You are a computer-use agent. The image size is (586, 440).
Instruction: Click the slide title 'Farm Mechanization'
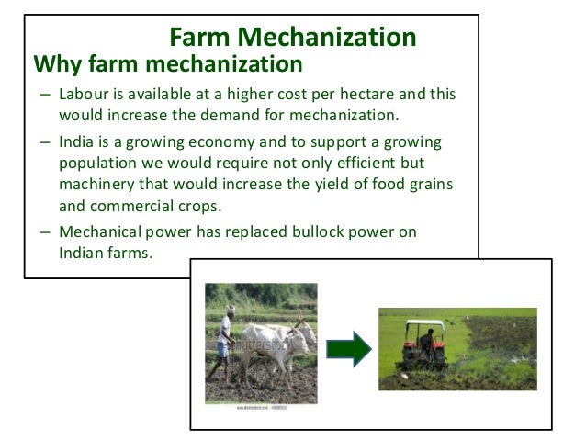293,37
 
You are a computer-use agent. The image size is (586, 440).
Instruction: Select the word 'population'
97,164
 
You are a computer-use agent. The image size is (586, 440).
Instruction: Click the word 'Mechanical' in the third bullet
100,232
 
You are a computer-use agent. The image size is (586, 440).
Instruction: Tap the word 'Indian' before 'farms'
81,253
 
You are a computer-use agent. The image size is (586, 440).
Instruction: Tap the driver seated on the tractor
425,338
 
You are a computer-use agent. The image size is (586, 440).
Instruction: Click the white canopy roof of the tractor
423,323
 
